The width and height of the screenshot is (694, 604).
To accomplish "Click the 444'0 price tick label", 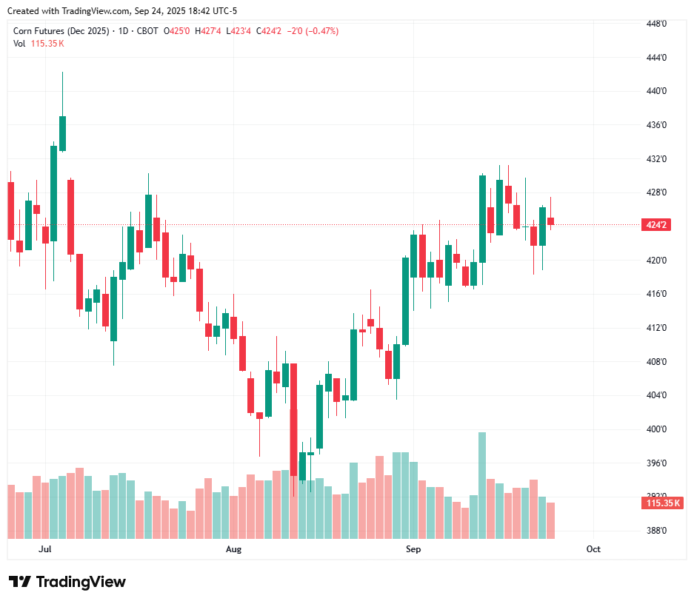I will point(657,58).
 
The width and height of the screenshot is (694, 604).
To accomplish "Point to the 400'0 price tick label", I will point(657,429).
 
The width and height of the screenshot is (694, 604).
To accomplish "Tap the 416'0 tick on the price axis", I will point(657,294).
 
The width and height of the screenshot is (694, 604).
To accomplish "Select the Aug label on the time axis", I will point(234,549).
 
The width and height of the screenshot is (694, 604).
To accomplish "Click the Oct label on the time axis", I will point(593,549).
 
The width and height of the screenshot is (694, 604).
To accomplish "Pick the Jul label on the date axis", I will point(45,549).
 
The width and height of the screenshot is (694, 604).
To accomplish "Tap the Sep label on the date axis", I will point(413,549).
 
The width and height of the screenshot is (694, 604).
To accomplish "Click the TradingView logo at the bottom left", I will point(67,582).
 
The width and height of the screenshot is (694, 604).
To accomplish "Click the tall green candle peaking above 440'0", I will point(63,133).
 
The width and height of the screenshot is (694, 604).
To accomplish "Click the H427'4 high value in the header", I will point(208,31).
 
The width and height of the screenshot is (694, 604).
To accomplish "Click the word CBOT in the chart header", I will point(147,31).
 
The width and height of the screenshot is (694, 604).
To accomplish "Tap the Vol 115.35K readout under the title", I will point(39,44).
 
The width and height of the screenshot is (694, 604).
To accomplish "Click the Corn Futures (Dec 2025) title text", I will point(62,31).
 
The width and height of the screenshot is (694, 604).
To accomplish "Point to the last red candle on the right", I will point(550,221).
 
